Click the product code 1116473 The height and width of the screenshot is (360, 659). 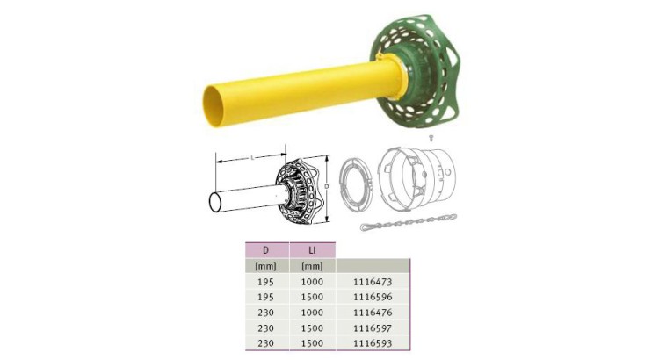(373, 282)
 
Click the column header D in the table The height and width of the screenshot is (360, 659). (265, 249)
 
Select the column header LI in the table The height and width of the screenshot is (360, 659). (312, 249)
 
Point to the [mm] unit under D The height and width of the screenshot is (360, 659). (265, 265)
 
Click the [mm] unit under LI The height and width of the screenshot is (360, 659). (312, 265)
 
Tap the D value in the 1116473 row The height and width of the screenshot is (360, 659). (265, 282)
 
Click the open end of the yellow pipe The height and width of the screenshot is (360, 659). (215, 104)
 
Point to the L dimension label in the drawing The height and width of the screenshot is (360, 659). (253, 156)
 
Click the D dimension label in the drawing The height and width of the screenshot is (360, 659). (327, 187)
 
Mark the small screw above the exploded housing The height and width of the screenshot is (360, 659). (430, 139)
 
